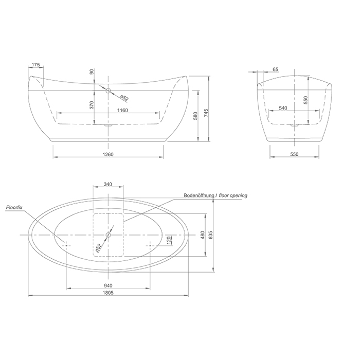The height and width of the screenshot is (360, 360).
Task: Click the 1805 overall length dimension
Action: tap(108, 293)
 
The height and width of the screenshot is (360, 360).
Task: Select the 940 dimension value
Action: tap(108, 285)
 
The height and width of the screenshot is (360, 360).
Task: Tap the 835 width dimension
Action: tap(211, 235)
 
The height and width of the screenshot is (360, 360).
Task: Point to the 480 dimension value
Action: tap(203, 235)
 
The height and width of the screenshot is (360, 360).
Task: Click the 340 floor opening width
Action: tap(108, 184)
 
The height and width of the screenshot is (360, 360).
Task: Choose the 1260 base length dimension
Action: tap(108, 154)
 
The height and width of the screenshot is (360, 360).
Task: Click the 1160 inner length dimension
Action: tap(122, 110)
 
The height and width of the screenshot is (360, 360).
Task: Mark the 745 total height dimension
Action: tap(206, 113)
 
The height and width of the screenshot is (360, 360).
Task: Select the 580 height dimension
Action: tap(195, 116)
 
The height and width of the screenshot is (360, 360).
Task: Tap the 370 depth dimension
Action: tap(92, 105)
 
